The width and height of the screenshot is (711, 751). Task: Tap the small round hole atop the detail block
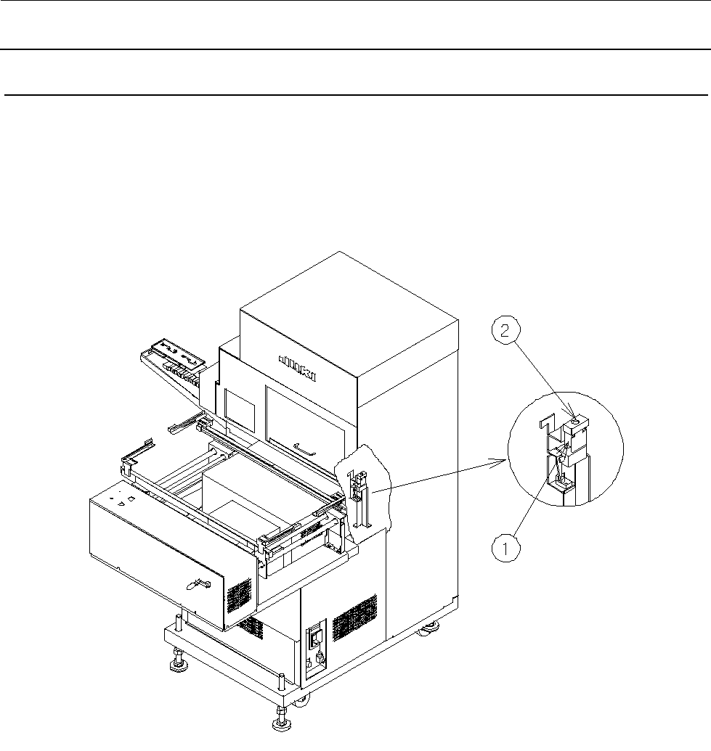577,419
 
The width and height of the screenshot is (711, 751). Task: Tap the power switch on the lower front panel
315,639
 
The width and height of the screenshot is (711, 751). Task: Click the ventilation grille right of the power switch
355,616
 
